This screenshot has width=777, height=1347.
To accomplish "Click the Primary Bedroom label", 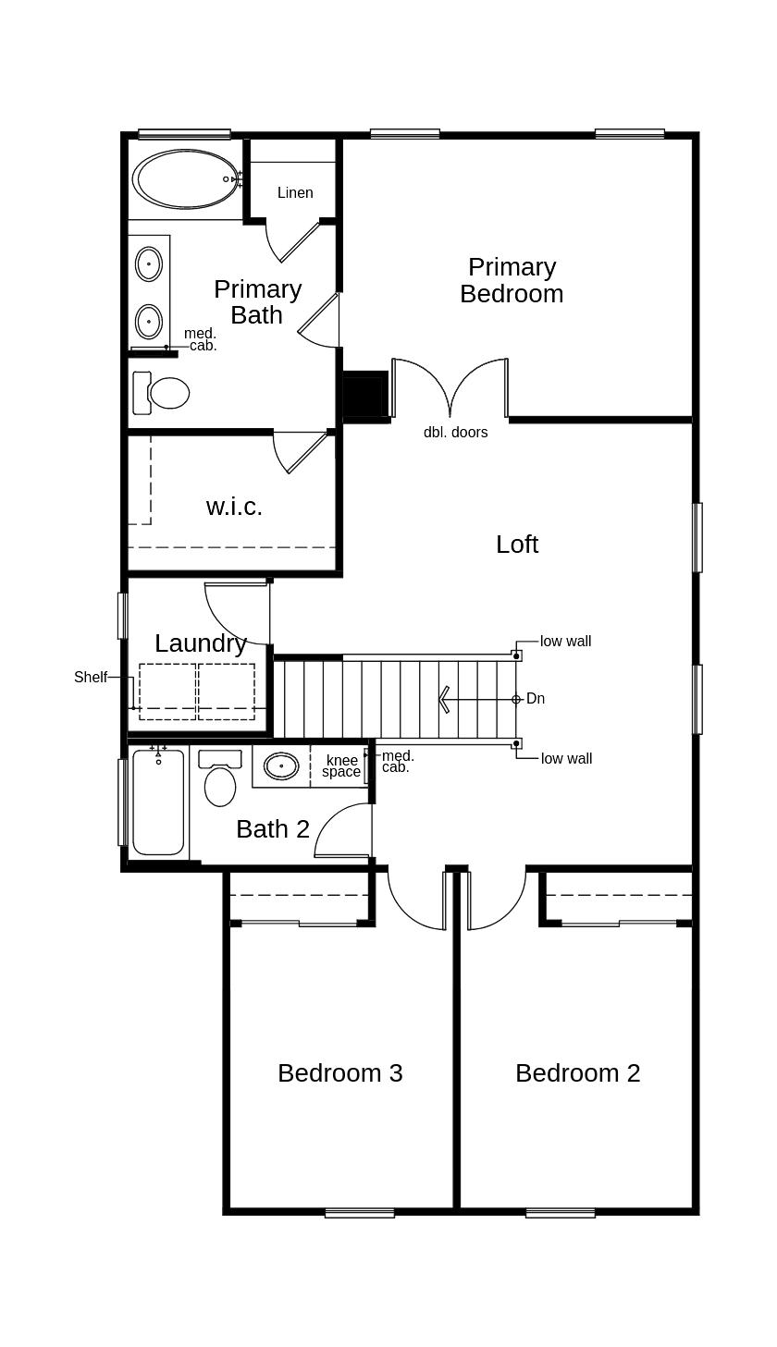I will point(512,280).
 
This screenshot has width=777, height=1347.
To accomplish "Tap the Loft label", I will point(516,545).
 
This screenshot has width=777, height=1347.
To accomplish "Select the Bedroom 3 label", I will point(339,1072).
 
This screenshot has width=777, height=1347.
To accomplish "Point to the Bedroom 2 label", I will point(577,1072).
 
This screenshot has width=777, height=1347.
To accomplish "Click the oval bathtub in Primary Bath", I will point(185,179).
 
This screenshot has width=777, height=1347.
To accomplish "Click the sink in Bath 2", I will point(281,765).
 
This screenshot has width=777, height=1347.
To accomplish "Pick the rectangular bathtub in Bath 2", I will point(158,802).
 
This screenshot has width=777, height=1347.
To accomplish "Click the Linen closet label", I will point(295,193).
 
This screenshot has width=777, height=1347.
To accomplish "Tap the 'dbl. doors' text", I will point(455,433).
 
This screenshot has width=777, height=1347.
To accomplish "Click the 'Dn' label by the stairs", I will point(536,699).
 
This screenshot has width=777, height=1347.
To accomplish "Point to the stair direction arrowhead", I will point(444,699).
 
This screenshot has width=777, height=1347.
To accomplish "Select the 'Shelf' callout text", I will point(91,678).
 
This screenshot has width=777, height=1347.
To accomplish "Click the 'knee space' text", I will point(341,766).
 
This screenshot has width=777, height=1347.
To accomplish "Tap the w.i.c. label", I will point(234,507).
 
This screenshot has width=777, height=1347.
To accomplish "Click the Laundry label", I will point(200,643).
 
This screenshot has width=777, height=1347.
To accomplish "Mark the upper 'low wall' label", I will point(565,642).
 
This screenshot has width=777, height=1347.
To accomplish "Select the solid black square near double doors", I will point(364,397).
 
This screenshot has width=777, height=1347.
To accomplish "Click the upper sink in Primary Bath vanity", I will point(149,264).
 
